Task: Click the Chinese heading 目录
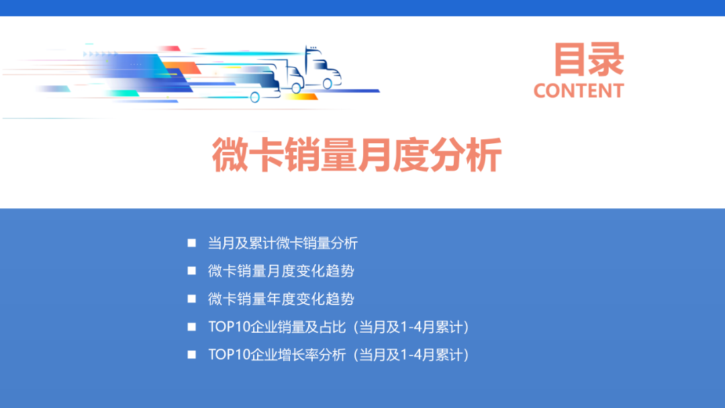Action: coord(589,59)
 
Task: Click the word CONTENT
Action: coord(579,91)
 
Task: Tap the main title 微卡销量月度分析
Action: coord(357,155)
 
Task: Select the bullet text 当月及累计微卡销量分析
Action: coord(283,243)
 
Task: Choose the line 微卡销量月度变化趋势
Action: coord(281,271)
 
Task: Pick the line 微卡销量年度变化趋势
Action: coord(281,298)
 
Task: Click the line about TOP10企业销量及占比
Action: coord(338,327)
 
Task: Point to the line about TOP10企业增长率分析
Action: coord(338,354)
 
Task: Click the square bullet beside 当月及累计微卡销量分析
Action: coord(192,243)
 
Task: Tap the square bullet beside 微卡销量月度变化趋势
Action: coord(192,271)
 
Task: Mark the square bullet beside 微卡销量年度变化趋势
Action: coord(192,298)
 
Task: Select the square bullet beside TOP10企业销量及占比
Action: coord(192,327)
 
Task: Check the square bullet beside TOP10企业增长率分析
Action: coord(192,354)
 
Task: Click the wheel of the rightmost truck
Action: coord(328,84)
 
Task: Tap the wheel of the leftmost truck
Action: coord(255,97)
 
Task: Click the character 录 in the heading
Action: coord(607,59)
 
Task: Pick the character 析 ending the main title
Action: coord(484,155)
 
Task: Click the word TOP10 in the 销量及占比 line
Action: coord(228,327)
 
